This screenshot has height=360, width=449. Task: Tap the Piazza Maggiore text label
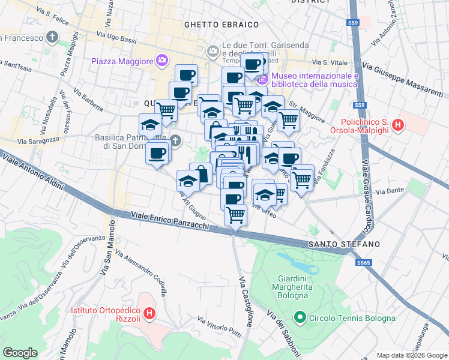(122, 61)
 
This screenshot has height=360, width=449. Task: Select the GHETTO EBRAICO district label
(221, 25)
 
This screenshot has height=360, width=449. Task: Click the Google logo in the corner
(19, 353)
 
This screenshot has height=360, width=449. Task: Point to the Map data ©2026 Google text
(411, 355)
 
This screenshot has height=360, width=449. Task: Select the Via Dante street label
(388, 192)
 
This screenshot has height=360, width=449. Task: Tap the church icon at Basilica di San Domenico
(175, 141)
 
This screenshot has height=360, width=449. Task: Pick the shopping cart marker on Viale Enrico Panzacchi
(236, 214)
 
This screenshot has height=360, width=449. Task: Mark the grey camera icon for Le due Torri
(212, 52)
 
